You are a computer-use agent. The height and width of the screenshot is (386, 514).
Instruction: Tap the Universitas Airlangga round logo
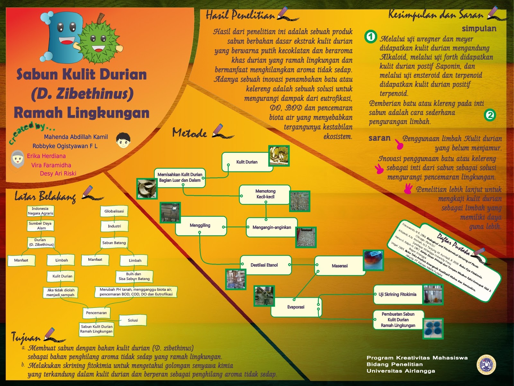[486, 364]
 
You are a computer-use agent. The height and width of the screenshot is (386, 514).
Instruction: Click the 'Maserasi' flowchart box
[340, 266]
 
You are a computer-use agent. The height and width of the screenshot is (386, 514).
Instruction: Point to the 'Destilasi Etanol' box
[264, 265]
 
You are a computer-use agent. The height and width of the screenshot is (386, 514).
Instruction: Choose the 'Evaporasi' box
[296, 307]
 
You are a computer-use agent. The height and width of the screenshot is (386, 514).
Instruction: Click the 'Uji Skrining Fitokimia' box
[397, 294]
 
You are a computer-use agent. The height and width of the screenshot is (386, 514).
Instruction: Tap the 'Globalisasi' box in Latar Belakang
[114, 211]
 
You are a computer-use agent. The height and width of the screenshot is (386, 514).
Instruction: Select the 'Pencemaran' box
[96, 313]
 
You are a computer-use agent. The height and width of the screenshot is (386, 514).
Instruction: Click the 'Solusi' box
[133, 320]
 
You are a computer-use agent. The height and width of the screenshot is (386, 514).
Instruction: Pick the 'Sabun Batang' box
[114, 243]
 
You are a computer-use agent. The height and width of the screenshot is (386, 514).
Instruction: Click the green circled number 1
[371, 36]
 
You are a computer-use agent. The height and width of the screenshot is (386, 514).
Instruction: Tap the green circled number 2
[490, 115]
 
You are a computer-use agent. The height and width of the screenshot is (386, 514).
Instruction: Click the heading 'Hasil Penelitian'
[240, 15]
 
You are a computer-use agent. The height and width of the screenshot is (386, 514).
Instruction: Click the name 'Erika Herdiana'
[46, 156]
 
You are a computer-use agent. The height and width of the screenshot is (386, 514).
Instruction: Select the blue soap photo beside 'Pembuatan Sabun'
[433, 328]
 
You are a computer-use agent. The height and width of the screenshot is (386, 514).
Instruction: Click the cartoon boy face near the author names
[123, 140]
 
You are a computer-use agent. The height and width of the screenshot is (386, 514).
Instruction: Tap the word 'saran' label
[379, 138]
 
